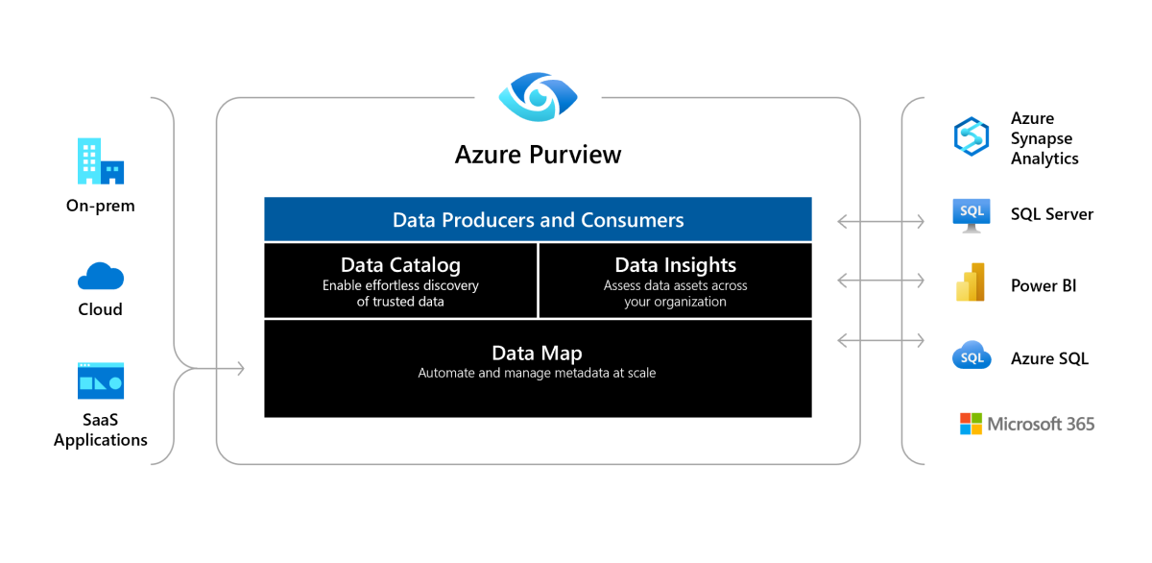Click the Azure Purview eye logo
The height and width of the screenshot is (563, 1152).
coord(538,97)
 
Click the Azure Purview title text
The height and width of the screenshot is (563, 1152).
coord(538,155)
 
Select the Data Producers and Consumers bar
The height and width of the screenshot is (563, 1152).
coord(538,219)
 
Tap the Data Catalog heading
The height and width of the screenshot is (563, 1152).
coord(400,265)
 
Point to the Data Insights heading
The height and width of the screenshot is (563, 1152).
coord(675,265)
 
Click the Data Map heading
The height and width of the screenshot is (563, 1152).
coord(537,353)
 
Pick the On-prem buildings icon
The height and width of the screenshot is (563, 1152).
coord(100,160)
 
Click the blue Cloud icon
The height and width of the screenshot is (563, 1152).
coord(100,276)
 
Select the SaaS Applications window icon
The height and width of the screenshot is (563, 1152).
coord(100,380)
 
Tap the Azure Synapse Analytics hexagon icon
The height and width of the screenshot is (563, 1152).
coord(971,136)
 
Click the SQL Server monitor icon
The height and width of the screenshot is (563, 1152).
coord(971,215)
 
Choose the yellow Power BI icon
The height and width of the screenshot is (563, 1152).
coord(971,282)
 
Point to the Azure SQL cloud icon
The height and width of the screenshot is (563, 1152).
coord(972,355)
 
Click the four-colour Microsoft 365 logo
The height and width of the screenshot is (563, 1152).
coord(971,424)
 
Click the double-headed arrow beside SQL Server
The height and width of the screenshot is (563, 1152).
coord(881,222)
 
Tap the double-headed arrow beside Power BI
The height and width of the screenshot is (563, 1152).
coord(881,281)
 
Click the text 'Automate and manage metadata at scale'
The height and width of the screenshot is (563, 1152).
coord(537,373)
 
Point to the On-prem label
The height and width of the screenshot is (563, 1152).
coord(100,206)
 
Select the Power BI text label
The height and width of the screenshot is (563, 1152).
coord(1044,285)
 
